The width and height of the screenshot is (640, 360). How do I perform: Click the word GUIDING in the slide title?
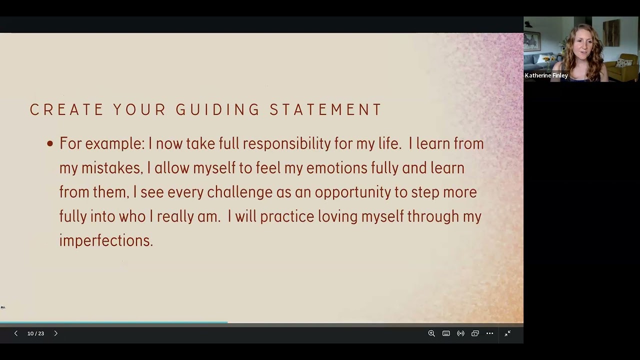tap(217, 109)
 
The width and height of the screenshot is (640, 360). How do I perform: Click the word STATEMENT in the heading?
tap(325, 109)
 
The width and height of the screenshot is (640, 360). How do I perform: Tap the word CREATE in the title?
tap(66, 109)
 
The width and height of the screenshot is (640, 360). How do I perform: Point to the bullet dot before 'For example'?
tap(50, 143)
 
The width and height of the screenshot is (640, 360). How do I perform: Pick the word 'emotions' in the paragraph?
tap(337, 167)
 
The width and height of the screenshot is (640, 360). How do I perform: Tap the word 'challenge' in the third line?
tap(239, 192)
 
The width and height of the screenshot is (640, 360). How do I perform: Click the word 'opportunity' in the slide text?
tap(353, 192)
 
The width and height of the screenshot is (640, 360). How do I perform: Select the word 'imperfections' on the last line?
tap(106, 240)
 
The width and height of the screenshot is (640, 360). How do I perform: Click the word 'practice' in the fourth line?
tap(287, 216)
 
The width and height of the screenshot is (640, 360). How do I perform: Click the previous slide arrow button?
tap(16, 333)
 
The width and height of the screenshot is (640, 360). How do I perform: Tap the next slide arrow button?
tap(55, 333)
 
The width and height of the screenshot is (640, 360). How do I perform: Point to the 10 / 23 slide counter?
tap(35, 333)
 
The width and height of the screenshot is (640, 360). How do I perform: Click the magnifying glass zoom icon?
tap(431, 333)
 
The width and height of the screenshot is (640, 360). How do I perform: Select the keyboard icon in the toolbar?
tap(446, 333)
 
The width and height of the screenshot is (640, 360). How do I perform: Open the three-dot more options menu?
tap(489, 333)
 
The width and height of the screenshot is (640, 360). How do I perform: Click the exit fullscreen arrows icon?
tap(507, 333)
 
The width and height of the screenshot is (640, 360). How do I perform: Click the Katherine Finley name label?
tap(546, 75)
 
